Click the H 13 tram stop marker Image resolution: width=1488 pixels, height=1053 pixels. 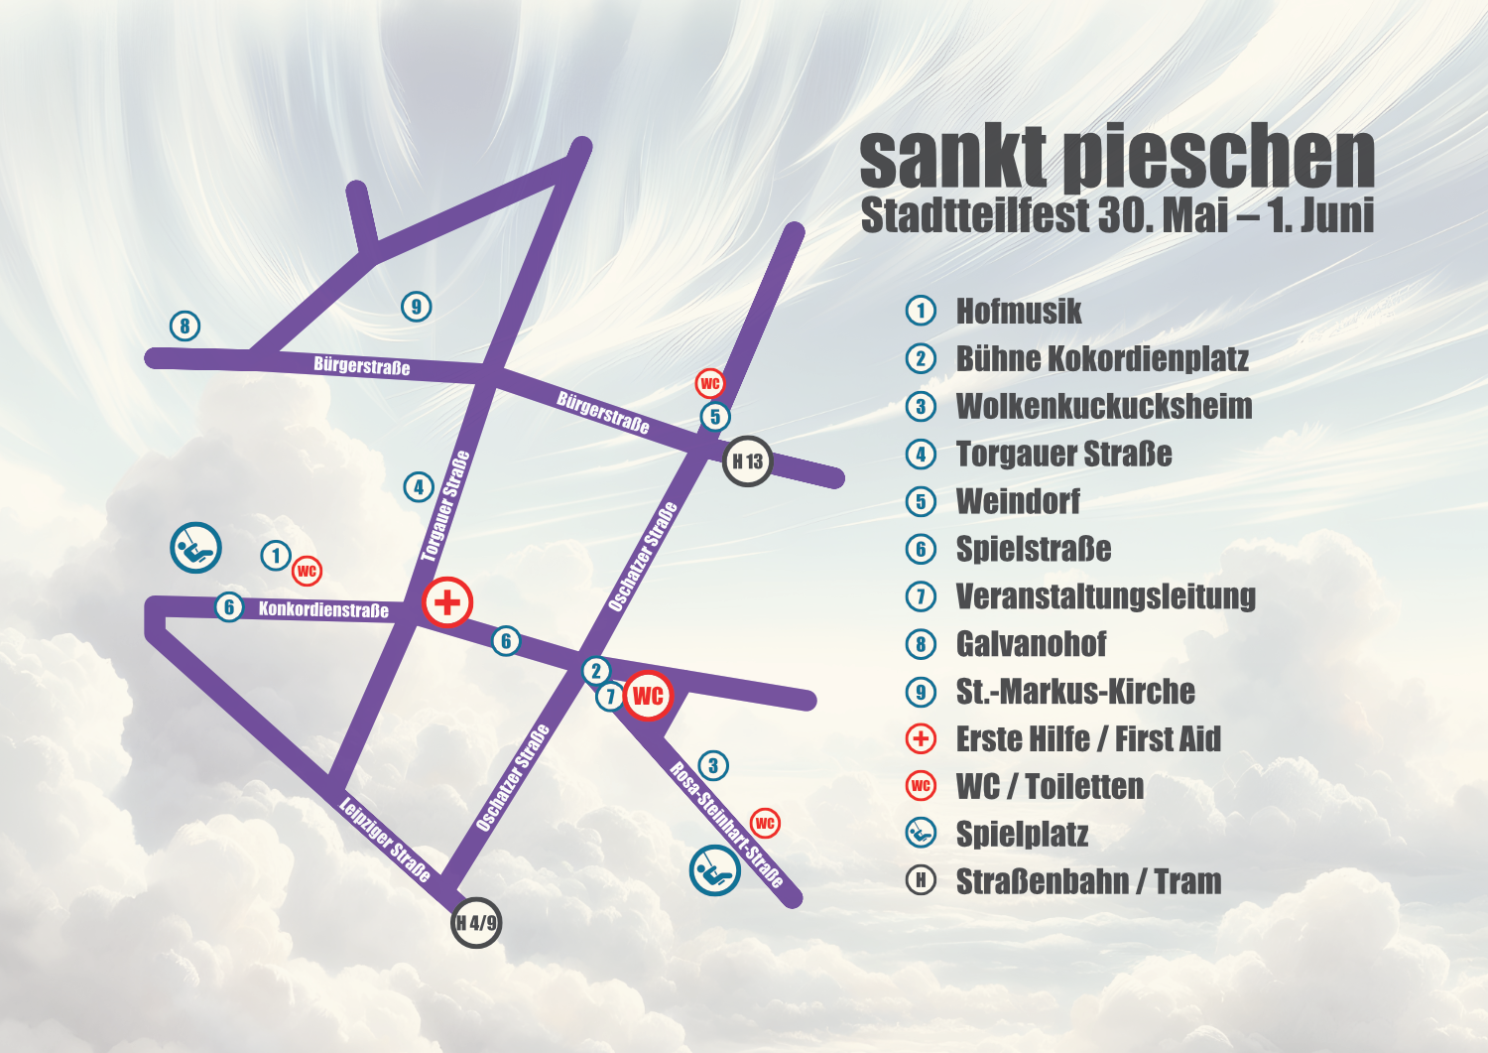(x=747, y=461)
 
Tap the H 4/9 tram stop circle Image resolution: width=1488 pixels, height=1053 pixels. (x=476, y=923)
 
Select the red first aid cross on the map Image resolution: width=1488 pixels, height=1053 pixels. (x=447, y=602)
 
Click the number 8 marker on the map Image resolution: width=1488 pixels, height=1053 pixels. (x=185, y=326)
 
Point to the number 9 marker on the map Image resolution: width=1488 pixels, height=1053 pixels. (x=417, y=307)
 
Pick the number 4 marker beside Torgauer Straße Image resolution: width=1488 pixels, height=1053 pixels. (x=419, y=486)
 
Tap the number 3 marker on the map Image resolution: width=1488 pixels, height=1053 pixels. (x=713, y=765)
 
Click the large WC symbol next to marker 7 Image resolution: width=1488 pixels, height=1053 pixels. (x=648, y=696)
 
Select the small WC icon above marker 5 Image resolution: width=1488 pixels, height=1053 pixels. (x=710, y=384)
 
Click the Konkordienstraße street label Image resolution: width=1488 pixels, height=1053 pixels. (x=323, y=609)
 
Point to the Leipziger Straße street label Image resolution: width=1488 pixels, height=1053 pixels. (x=385, y=840)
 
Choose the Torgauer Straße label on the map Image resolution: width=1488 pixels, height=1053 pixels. (x=445, y=506)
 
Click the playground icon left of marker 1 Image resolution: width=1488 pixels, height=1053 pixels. (x=195, y=548)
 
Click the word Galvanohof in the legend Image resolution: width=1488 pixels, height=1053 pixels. (x=1031, y=644)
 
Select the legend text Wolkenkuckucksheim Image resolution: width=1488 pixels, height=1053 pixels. (x=1104, y=406)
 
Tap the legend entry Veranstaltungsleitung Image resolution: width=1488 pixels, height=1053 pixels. (x=1105, y=596)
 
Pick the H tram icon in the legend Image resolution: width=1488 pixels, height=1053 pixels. (x=921, y=880)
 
